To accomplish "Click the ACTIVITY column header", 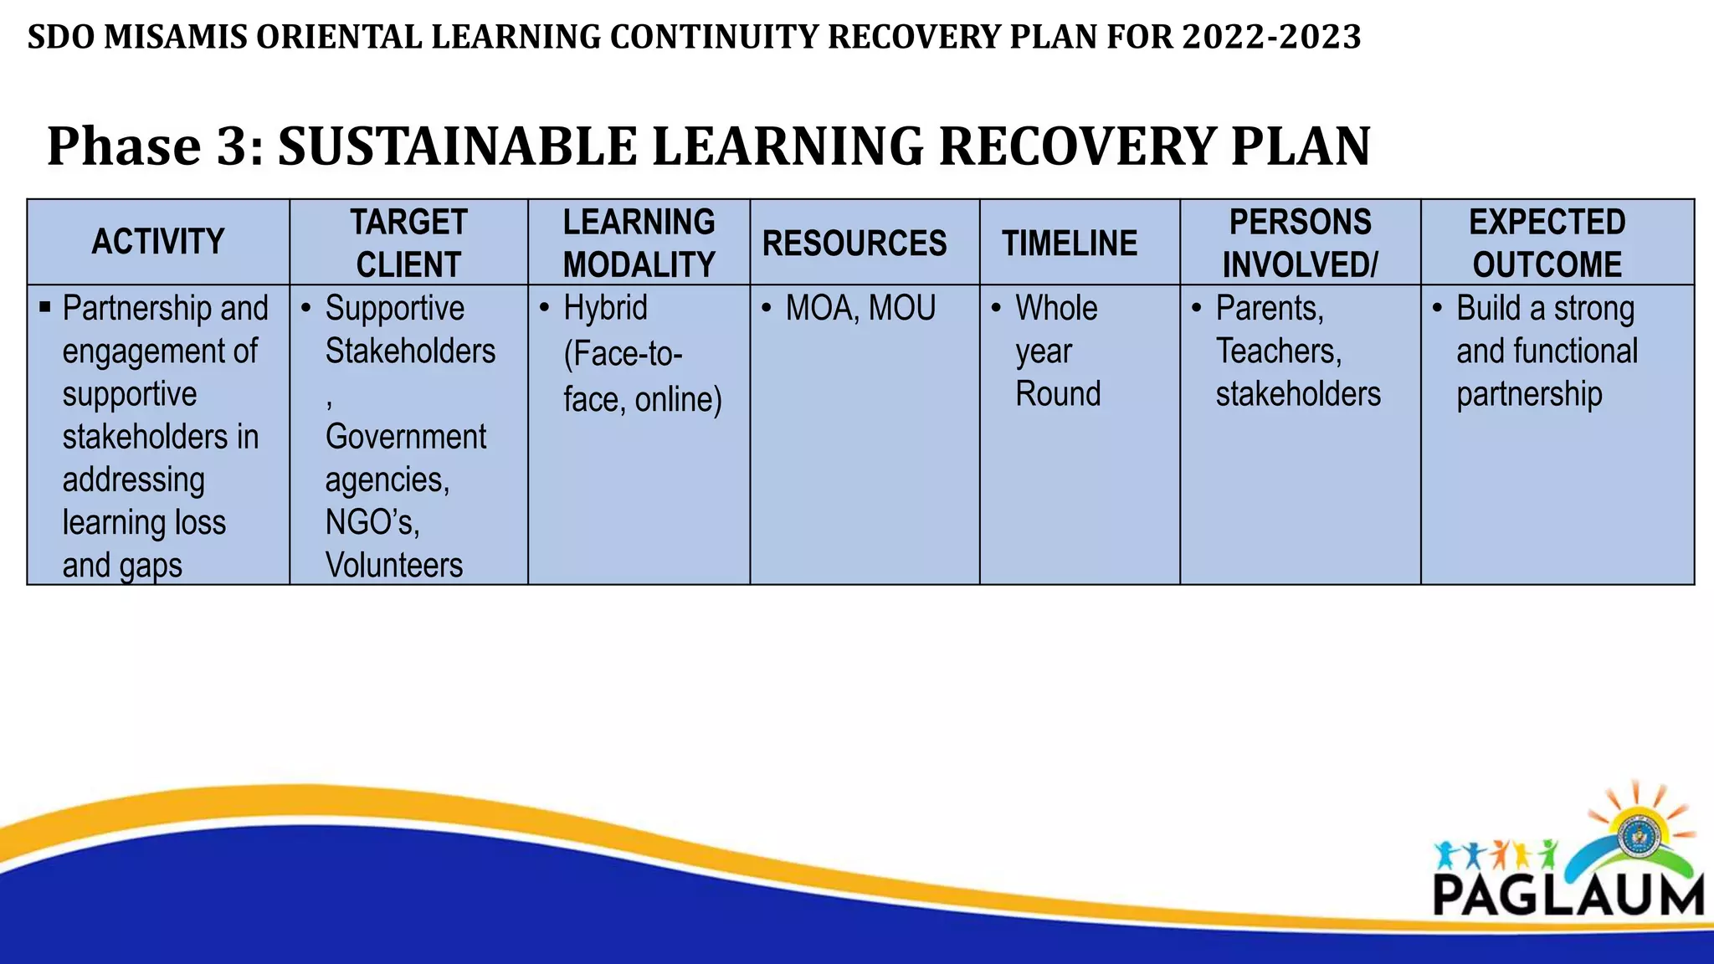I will (158, 242).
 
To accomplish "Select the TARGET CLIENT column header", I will (408, 243).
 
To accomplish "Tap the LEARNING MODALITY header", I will (639, 243).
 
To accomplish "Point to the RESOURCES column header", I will (854, 244).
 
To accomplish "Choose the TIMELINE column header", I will (1070, 244).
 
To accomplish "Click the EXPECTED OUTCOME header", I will (1547, 243).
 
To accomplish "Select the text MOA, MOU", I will (860, 308).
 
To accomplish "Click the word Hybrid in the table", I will (605, 308).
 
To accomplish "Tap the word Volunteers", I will (393, 565).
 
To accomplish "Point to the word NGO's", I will (372, 522).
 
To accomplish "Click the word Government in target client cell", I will (405, 437).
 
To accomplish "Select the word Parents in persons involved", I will (1269, 308).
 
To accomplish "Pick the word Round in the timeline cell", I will (1058, 394).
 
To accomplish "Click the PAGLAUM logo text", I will (1568, 895).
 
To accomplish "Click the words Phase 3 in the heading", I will (155, 146).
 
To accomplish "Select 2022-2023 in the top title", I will (1271, 38).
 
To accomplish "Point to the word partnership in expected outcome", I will (1529, 394).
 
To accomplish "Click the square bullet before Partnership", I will (45, 307).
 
